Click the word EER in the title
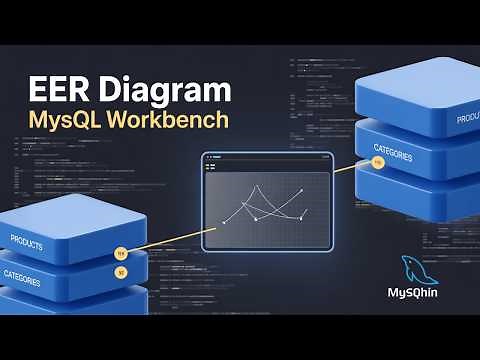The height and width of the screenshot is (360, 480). coord(55,92)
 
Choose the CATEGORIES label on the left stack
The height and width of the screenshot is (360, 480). coord(22,276)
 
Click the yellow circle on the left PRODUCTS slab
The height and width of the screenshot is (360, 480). coord(122,252)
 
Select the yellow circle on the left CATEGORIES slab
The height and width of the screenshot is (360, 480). coord(121,271)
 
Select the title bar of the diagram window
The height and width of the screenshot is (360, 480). coord(266,159)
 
